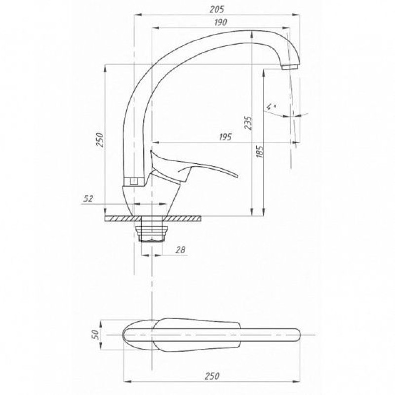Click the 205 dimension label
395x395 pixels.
tap(217, 9)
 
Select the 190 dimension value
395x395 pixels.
tap(220, 22)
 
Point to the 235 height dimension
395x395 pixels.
tap(248, 123)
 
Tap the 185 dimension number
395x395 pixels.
tap(260, 152)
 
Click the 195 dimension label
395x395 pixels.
tap(225, 137)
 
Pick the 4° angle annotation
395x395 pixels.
tap(271, 107)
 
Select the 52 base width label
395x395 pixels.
tap(88, 199)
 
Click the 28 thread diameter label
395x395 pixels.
tap(180, 250)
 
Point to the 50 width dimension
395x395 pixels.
tap(96, 335)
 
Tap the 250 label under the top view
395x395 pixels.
tap(212, 376)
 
